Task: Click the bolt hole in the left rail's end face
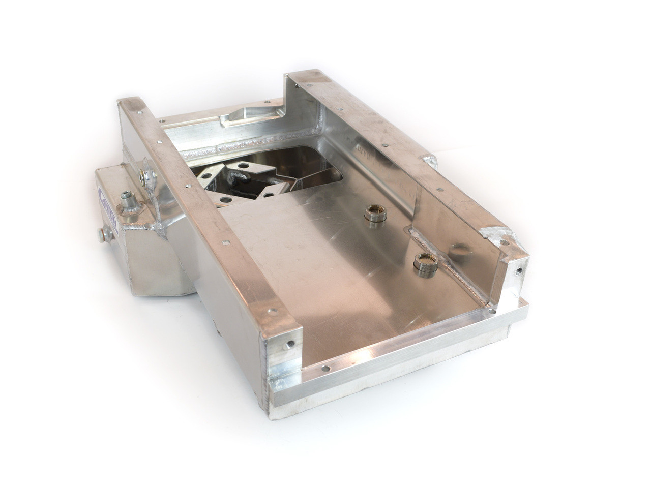(288, 344)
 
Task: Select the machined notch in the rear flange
(239, 117)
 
